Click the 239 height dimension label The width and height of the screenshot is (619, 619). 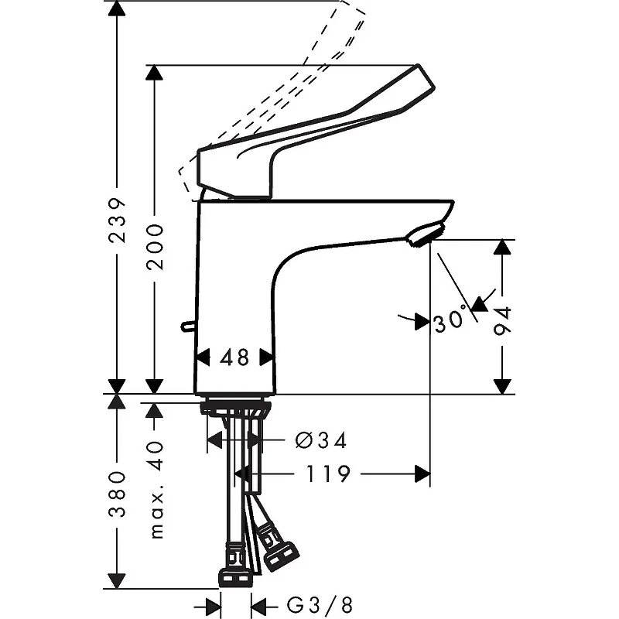point(117,221)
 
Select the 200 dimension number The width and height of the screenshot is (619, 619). point(155,247)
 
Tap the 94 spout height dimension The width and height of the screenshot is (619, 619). point(502,320)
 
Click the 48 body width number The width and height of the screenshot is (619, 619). point(234,357)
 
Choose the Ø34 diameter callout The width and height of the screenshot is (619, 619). point(321,440)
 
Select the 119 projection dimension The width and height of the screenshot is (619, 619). point(328,474)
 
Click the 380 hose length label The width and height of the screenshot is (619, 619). point(117,494)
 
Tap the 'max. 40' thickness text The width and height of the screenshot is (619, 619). point(157,490)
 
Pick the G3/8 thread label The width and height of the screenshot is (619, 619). point(320,605)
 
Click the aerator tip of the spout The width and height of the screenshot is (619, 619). point(426,234)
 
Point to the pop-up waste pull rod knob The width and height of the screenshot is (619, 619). point(188,326)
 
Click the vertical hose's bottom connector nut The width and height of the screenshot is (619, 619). point(236,577)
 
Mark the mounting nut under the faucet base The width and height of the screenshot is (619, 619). point(236,408)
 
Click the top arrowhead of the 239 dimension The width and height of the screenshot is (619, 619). point(117,8)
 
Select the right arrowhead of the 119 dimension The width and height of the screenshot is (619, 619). point(422,474)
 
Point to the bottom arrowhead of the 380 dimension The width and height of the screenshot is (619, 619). point(117,581)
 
